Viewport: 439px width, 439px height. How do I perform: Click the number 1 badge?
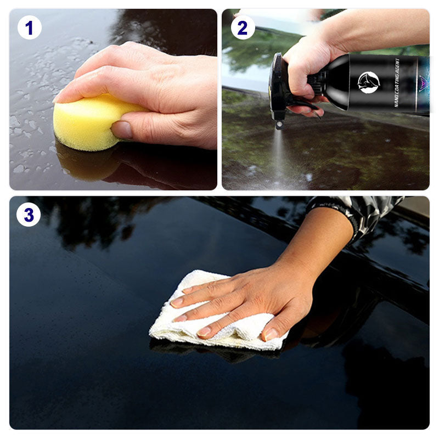[30, 27]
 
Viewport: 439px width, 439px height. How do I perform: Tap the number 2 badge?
[243, 27]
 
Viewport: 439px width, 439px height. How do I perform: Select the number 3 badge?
[29, 215]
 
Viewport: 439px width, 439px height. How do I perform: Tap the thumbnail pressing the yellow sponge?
[122, 130]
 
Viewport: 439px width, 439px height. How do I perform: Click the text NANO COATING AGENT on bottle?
[397, 83]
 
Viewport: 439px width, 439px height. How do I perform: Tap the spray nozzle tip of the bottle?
[279, 125]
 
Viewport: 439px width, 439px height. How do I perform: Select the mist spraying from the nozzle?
[279, 157]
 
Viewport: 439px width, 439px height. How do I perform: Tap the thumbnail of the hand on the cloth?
[270, 334]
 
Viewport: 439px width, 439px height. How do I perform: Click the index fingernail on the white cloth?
[177, 302]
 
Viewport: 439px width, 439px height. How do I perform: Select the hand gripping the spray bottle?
[308, 73]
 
